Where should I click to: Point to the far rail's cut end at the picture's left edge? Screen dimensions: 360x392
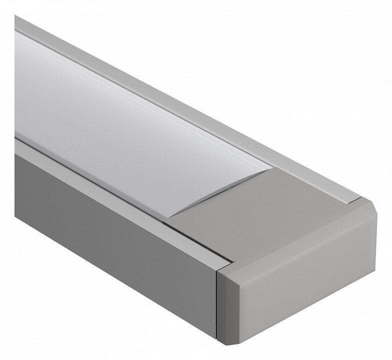coord(17,22)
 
